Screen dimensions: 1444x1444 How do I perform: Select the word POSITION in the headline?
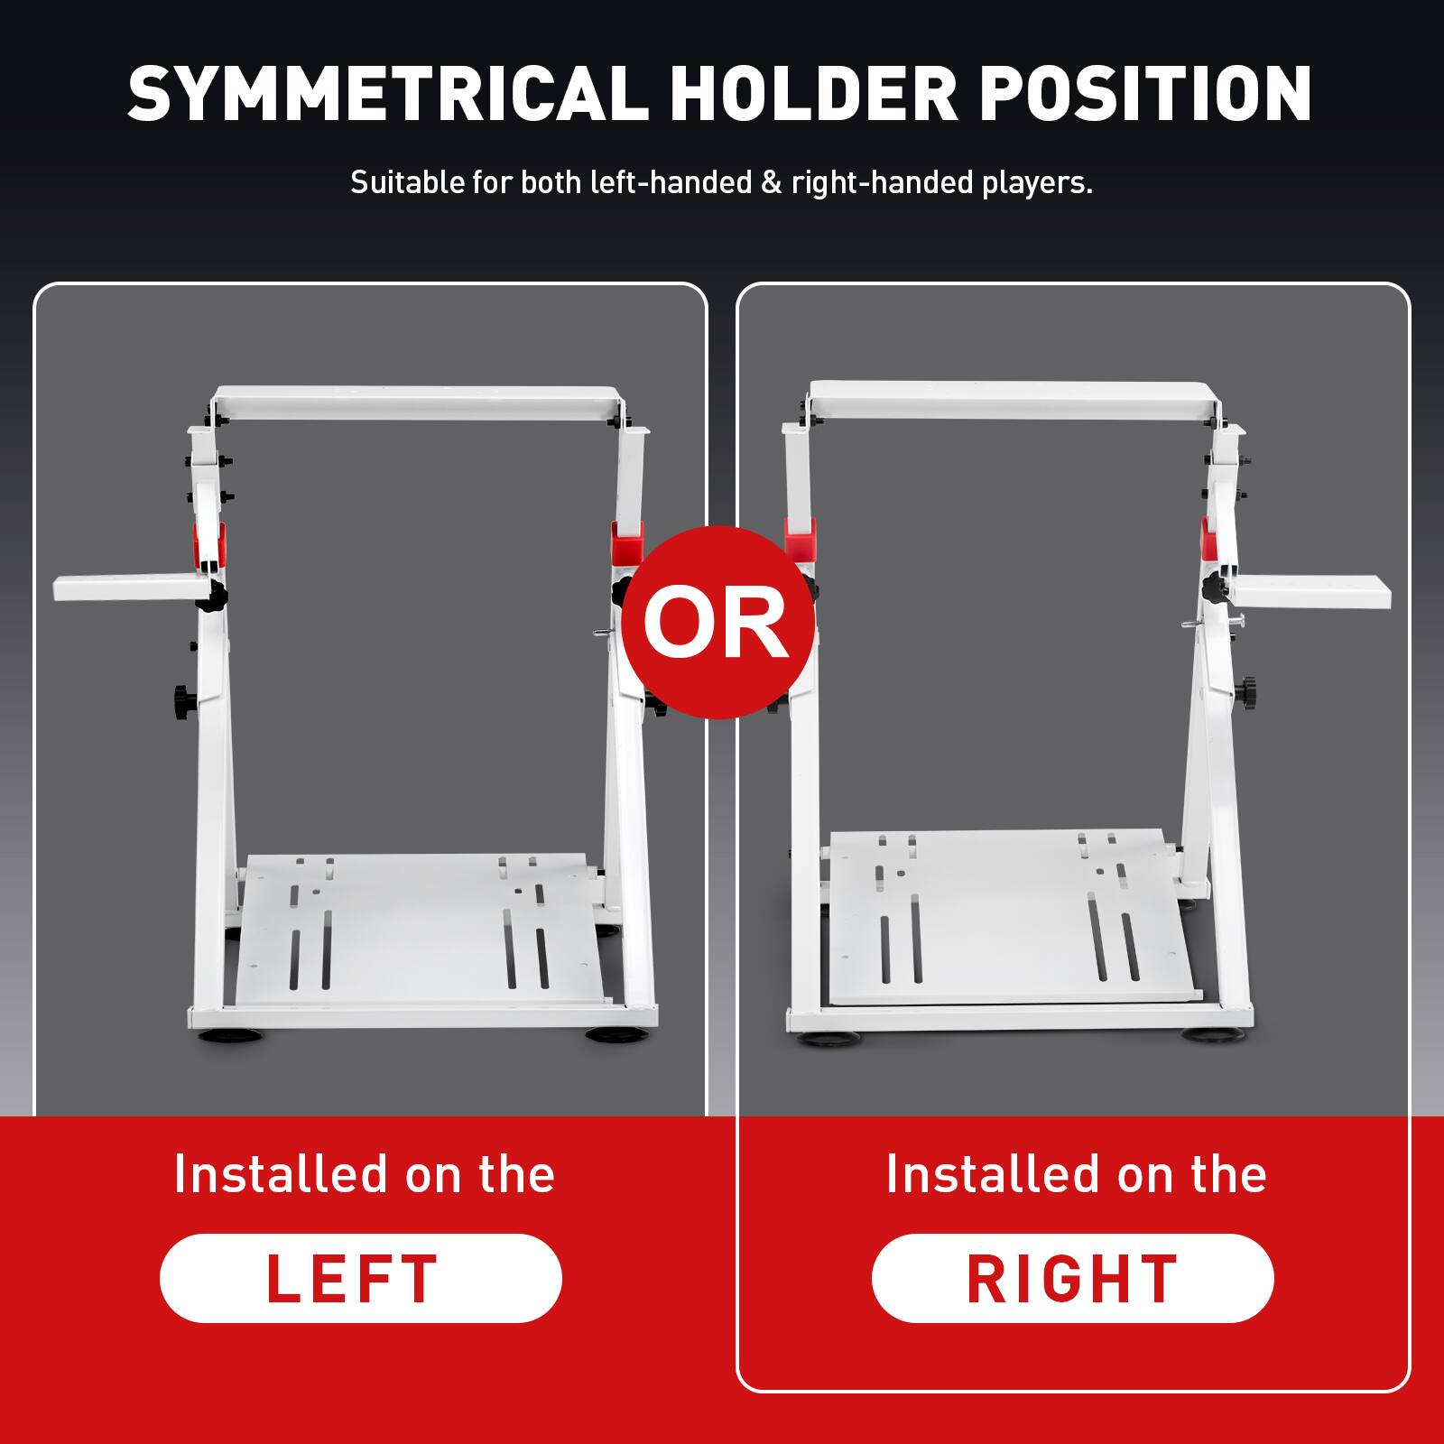(1145, 93)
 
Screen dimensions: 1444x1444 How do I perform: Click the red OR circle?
(717, 622)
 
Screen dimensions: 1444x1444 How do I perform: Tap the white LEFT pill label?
(360, 1278)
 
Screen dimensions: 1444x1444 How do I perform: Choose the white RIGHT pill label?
(1072, 1278)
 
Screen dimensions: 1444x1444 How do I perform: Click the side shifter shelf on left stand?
(126, 589)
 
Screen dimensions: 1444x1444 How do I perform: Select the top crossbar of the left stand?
(420, 403)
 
